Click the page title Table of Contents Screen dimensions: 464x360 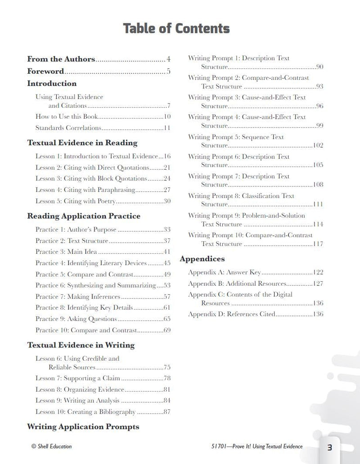point(176,28)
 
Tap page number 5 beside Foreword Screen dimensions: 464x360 point(168,71)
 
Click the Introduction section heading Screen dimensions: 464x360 point(52,83)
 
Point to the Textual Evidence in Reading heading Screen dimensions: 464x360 point(82,143)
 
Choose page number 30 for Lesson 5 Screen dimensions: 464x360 point(166,201)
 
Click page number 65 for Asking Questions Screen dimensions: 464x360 point(166,319)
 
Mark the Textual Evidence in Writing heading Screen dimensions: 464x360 point(81,345)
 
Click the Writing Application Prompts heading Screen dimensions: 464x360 point(83,427)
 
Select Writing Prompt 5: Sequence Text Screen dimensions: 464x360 point(236,137)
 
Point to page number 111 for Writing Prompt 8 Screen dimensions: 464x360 point(318,204)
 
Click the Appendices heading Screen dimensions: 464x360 point(202,259)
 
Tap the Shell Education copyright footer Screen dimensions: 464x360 point(51,446)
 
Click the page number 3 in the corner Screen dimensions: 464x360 point(329,447)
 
